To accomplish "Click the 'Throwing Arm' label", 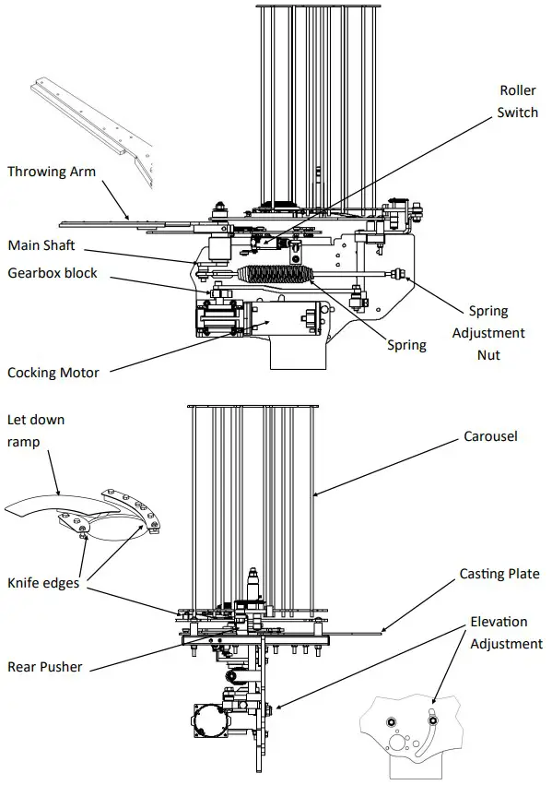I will point(52,172).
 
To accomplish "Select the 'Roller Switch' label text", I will point(518,101).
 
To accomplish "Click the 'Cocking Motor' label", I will point(53,373).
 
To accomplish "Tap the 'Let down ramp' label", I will point(36,431).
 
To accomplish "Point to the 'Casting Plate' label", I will point(499,574).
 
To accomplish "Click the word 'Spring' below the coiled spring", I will point(406,345).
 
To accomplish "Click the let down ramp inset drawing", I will point(88,512).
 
